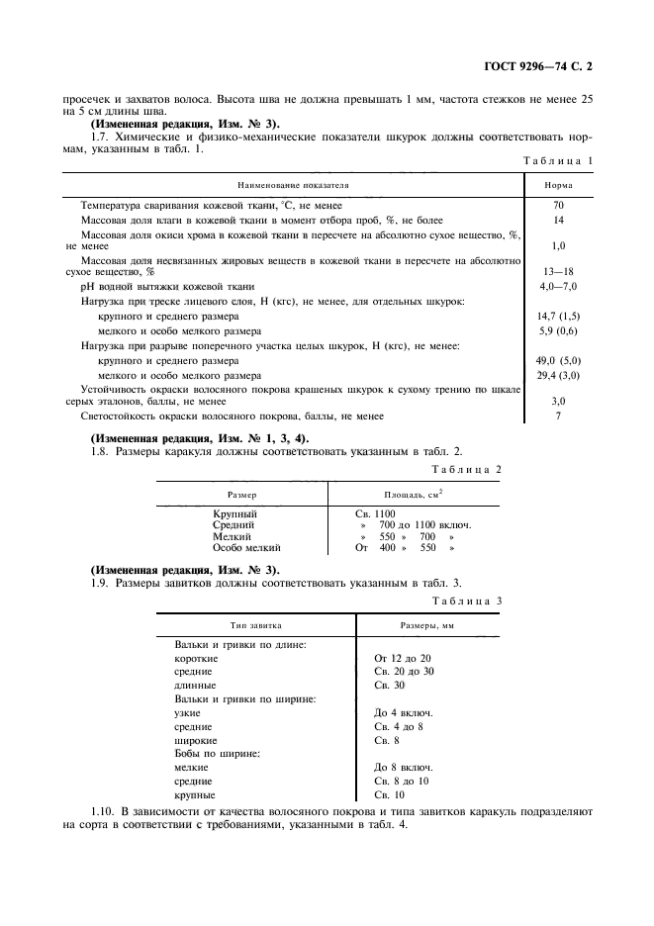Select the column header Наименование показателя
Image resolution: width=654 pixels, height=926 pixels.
[x=292, y=185]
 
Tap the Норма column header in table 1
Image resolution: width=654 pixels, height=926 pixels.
[x=558, y=185]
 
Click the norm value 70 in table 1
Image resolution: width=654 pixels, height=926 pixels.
[x=558, y=205]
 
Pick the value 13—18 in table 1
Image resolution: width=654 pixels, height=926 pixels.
[x=558, y=270]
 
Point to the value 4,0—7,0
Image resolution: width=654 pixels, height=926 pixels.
[x=558, y=285]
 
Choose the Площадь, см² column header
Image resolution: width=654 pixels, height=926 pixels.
[x=413, y=493]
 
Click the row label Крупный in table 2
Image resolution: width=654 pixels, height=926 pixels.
[x=235, y=513]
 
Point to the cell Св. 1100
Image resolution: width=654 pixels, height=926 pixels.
[x=375, y=513]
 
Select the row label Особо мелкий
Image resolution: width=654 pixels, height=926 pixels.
[x=247, y=546]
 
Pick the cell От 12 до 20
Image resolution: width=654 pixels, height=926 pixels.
[x=403, y=658]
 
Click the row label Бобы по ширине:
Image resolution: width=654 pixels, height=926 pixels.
[x=217, y=754]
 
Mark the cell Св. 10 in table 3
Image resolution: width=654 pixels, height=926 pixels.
[x=388, y=794]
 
